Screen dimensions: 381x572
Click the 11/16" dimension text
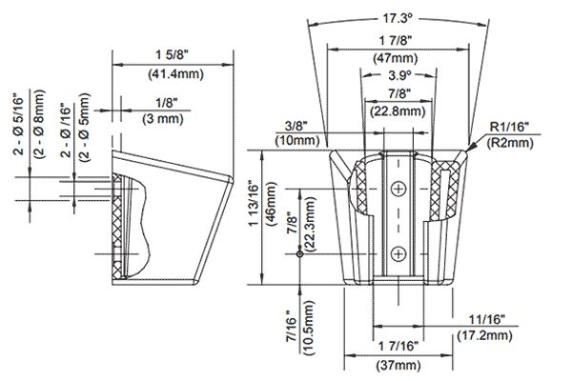pyautogui.click(x=496, y=320)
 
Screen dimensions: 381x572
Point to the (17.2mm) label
pyautogui.click(x=496, y=335)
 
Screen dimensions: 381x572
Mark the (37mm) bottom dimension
pyautogui.click(x=395, y=364)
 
